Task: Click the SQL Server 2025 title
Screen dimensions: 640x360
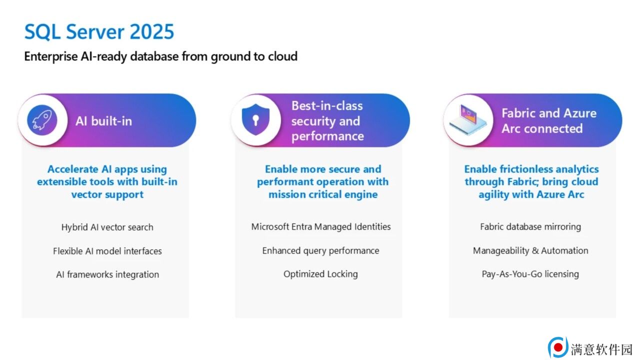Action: click(x=99, y=31)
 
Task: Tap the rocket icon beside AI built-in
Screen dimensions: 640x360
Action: click(x=42, y=120)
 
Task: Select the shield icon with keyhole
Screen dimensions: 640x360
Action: click(x=255, y=119)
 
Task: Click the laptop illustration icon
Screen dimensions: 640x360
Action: click(x=468, y=119)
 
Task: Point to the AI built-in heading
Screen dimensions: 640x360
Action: click(x=103, y=121)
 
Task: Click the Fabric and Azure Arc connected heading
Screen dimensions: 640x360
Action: click(x=549, y=121)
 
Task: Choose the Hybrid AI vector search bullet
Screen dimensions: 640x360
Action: click(x=107, y=227)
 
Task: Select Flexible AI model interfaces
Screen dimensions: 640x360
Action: click(x=107, y=251)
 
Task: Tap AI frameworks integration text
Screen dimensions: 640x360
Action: click(x=107, y=274)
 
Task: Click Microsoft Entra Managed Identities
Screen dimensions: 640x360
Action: click(x=321, y=226)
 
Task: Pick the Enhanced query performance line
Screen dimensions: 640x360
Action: click(x=320, y=250)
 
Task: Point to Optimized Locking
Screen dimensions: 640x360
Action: click(x=320, y=274)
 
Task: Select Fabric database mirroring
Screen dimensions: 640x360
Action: click(x=530, y=226)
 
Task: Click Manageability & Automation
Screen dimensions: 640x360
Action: click(x=530, y=250)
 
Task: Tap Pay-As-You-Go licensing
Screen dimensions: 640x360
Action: click(x=530, y=274)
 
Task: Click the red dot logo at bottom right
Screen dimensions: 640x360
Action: click(x=558, y=347)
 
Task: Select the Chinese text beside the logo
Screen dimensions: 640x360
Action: click(x=601, y=349)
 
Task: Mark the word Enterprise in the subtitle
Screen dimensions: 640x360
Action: click(x=50, y=56)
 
